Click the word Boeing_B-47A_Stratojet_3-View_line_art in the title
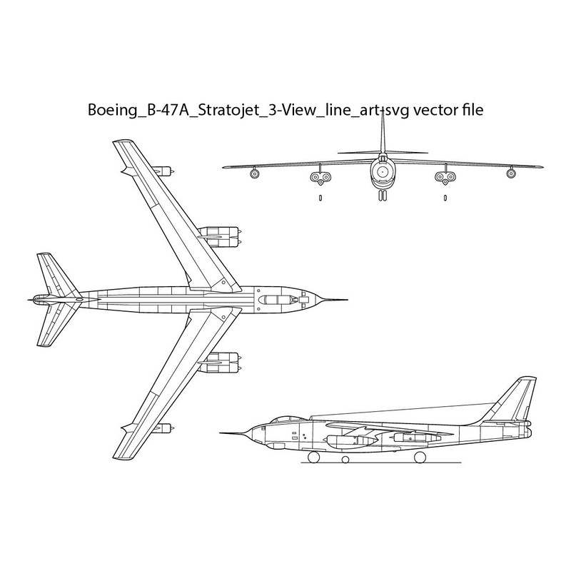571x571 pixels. click(236, 110)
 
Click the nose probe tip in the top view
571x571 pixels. click(348, 300)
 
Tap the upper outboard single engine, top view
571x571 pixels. click(163, 171)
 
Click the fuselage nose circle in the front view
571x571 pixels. click(383, 171)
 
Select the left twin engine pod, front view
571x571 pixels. click(320, 177)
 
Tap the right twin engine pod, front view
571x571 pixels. click(445, 177)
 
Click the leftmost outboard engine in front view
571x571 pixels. click(255, 173)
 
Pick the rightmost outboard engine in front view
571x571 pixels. click(511, 173)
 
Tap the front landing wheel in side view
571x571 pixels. click(314, 457)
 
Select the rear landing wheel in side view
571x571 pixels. click(420, 457)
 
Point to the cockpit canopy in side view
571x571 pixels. click(283, 420)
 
